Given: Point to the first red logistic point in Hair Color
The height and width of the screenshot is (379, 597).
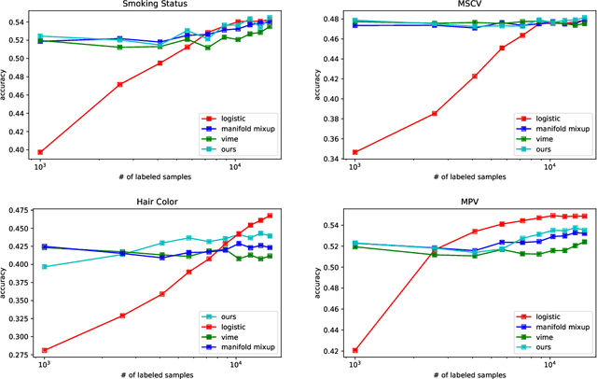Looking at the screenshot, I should pyautogui.click(x=44, y=350).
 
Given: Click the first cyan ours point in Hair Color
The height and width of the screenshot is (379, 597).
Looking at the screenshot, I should pyautogui.click(x=44, y=267).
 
